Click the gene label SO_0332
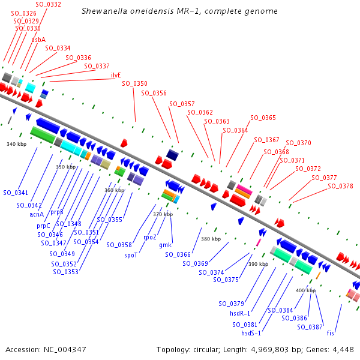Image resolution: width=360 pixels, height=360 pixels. click(x=48, y=4)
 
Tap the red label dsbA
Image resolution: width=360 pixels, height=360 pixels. click(x=38, y=40)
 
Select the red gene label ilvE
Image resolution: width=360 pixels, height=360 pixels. click(x=116, y=75)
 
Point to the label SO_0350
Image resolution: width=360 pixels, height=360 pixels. click(x=134, y=83)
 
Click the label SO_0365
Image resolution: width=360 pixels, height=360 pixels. click(x=263, y=118)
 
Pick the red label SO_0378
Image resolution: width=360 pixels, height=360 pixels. click(x=340, y=186)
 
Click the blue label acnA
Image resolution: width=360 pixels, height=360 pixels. click(x=37, y=214)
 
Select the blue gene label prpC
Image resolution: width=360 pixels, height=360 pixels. click(x=43, y=226)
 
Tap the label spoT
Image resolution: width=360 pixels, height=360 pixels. click(x=131, y=255)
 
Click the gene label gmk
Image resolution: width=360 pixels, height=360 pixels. click(x=166, y=245)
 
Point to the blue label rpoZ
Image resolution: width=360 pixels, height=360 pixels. click(x=149, y=237)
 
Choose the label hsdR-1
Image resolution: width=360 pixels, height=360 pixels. click(x=240, y=313)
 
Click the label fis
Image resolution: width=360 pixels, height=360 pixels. click(x=330, y=333)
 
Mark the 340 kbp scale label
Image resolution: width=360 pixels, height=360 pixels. click(x=17, y=144)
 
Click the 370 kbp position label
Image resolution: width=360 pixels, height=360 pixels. click(x=163, y=214)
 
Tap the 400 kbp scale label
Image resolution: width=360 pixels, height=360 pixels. click(x=305, y=290)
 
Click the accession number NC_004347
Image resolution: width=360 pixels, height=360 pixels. click(x=65, y=350)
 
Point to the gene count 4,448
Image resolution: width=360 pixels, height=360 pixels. click(x=343, y=350)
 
